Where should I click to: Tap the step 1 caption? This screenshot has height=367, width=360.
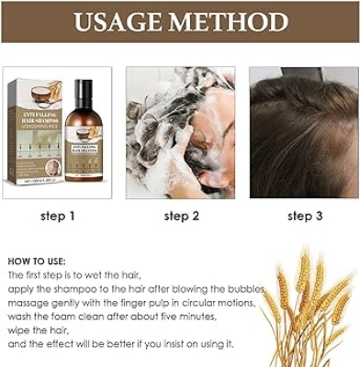(x=57, y=217)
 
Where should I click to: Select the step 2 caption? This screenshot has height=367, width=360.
(x=181, y=217)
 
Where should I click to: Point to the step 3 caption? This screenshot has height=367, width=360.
(x=305, y=217)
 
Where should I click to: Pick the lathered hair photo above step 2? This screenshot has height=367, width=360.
(x=180, y=132)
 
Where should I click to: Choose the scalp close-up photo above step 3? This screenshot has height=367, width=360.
(x=304, y=132)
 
